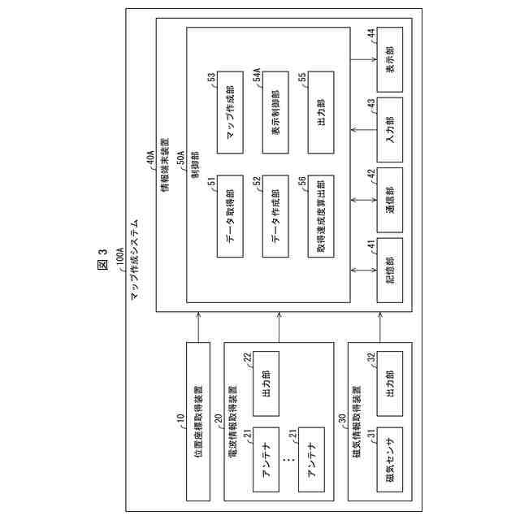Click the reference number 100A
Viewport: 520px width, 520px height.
[120, 266]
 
